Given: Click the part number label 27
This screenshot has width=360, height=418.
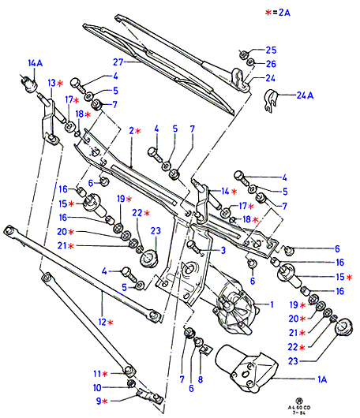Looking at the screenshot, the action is click(118, 62).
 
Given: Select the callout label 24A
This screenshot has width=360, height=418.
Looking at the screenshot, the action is click(305, 95).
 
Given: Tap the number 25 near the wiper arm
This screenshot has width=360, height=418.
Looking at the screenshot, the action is click(271, 50).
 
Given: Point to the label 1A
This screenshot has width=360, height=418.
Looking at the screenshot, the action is click(322, 379).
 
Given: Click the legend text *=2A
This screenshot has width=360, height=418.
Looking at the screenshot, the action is click(277, 13).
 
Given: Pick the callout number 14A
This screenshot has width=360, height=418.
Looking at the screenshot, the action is click(36, 63).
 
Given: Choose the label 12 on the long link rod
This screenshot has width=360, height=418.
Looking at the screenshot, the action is click(102, 322).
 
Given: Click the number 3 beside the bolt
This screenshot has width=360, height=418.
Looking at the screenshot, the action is click(223, 250).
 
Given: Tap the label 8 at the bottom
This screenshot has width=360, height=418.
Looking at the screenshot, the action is click(201, 379).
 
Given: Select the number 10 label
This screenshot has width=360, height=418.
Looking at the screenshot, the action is click(97, 387).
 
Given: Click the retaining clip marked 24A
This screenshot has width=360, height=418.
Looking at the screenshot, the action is click(271, 101).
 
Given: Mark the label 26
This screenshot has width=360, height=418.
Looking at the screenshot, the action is click(271, 64).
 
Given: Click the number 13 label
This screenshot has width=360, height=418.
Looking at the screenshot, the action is click(51, 83).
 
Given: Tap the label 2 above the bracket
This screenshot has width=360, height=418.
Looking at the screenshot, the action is click(132, 131).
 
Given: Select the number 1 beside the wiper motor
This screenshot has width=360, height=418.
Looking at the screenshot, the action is click(272, 304).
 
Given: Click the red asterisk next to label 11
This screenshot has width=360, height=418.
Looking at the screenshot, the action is click(105, 374).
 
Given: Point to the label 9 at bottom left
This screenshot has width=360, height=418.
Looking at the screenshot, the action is click(99, 401).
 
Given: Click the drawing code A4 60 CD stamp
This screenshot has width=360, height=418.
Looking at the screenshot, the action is click(299, 408).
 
